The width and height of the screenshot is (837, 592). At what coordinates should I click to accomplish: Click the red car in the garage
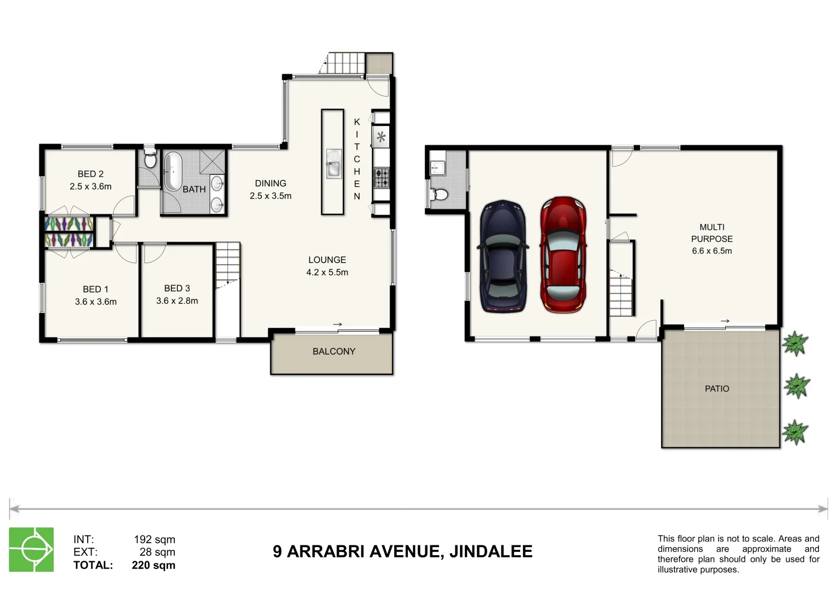coord(563,255)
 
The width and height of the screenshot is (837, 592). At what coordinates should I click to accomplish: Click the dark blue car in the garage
coord(503,256)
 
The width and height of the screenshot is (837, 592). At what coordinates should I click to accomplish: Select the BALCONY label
coord(334,351)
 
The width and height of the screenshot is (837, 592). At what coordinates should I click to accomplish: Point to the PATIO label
coord(716,389)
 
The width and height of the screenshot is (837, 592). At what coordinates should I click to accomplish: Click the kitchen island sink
coord(334,164)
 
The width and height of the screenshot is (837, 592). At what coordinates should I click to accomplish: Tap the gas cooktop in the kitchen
coord(382,178)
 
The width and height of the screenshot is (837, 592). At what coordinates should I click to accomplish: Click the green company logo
coord(31,549)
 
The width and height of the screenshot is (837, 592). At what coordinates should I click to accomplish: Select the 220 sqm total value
coord(153,565)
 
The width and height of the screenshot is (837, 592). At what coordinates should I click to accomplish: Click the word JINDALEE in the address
coord(491,551)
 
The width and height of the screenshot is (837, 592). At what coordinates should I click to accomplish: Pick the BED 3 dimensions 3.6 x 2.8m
coord(177,301)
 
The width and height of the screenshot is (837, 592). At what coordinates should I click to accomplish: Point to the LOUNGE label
coord(327,260)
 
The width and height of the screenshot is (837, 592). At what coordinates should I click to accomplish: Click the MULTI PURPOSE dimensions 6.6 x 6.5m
coord(712,251)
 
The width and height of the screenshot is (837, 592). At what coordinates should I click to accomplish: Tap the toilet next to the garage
coord(440,195)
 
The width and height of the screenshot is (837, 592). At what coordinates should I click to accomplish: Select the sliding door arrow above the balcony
coord(338,325)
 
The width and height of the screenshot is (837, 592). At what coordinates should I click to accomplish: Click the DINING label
coord(271,184)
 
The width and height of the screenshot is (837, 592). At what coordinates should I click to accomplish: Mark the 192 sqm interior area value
coord(155,540)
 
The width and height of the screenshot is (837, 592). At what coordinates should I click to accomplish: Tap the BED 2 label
coord(90,174)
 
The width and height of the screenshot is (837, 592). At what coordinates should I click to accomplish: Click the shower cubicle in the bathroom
coord(212,162)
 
